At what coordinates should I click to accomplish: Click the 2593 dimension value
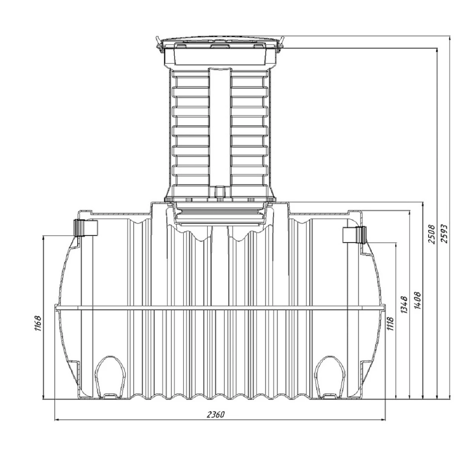[x=444, y=234]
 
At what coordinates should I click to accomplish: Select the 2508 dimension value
[x=431, y=234]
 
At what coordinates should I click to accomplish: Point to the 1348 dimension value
[x=404, y=305]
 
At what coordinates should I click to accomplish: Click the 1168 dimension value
[x=38, y=324]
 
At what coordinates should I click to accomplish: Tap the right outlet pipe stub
[x=355, y=234]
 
